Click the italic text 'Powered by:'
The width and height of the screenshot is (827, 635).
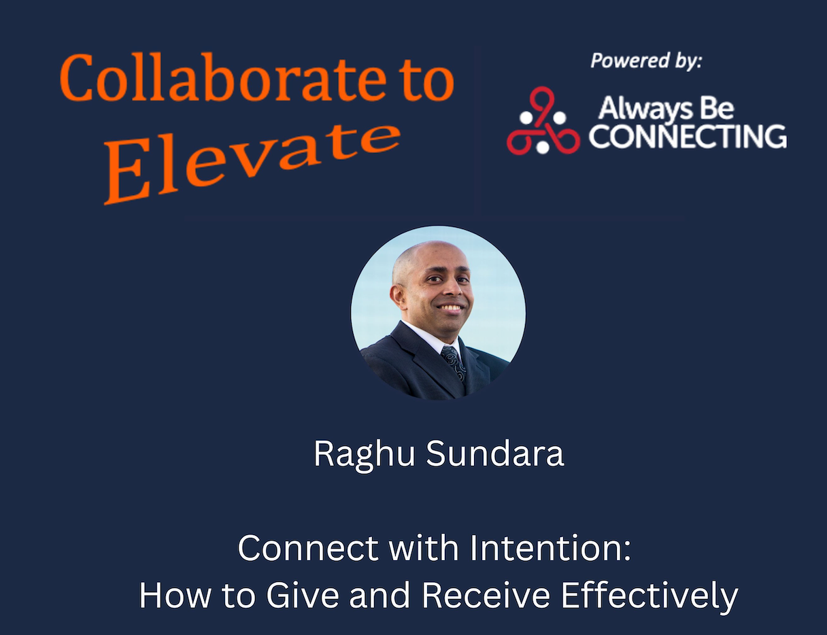(646, 61)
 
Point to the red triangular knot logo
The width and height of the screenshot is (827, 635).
(543, 121)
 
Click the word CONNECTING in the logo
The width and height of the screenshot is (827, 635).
(688, 136)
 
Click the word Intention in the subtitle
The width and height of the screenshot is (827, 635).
(551, 548)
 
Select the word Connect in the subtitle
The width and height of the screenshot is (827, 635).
(308, 548)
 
